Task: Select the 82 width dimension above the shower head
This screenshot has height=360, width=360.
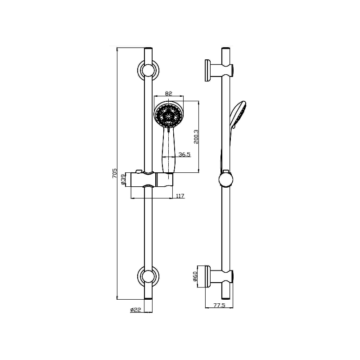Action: point(169,93)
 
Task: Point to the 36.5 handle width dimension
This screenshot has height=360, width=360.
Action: point(184,154)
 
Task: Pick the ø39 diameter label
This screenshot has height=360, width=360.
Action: point(122,180)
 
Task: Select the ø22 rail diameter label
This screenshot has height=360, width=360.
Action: point(135,310)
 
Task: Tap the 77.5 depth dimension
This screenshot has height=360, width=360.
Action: point(219,305)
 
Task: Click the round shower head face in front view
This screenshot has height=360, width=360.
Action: point(169,116)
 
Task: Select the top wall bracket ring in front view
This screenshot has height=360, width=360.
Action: point(148,71)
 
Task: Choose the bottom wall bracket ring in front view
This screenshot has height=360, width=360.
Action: point(148,276)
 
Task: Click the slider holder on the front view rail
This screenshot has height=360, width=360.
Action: point(151,180)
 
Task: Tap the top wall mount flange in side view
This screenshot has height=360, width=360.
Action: point(209,70)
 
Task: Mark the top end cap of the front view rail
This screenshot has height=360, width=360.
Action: point(148,47)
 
